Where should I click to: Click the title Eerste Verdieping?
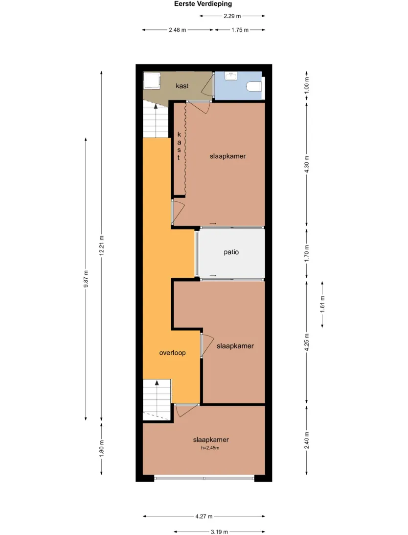[x=203, y=4]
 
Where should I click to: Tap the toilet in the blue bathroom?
[x=254, y=87]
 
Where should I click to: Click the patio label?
[x=231, y=252]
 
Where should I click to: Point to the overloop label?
[x=172, y=353]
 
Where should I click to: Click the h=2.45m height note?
[x=210, y=448]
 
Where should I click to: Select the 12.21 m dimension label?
[x=101, y=245]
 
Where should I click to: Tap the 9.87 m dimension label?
[x=86, y=279]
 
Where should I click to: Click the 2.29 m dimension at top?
[x=232, y=16]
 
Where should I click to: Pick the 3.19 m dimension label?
[x=219, y=532]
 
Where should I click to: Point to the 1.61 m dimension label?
[x=322, y=304]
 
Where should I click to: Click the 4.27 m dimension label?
[x=204, y=516]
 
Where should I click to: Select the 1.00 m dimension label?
[x=307, y=86]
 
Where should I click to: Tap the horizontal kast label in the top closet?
[x=182, y=86]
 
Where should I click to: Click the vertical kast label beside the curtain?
[x=179, y=146]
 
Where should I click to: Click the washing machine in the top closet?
[x=151, y=81]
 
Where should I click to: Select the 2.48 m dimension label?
[x=178, y=30]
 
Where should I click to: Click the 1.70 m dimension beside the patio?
[x=307, y=253]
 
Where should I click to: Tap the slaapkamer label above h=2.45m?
[x=211, y=440]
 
